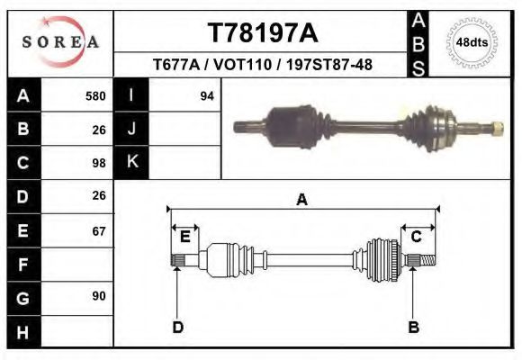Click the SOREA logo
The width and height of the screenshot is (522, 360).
[60, 42]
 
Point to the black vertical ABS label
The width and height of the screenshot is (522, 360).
[418, 43]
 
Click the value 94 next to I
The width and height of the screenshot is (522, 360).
[206, 95]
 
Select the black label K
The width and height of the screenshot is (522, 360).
[131, 163]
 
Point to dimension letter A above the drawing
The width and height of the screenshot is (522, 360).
[302, 200]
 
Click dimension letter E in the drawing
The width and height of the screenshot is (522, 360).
[184, 237]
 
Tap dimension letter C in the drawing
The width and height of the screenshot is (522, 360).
[417, 237]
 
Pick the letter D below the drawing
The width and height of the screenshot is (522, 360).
[177, 327]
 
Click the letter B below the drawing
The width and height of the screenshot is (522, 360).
[413, 327]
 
